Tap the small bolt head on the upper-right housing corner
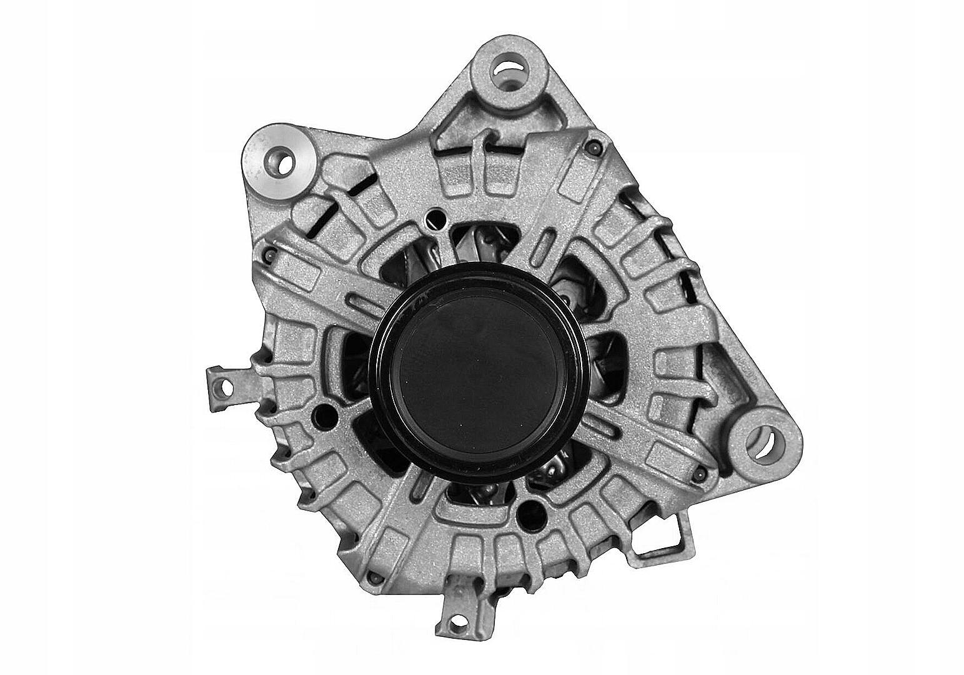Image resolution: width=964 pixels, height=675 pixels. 592,148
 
